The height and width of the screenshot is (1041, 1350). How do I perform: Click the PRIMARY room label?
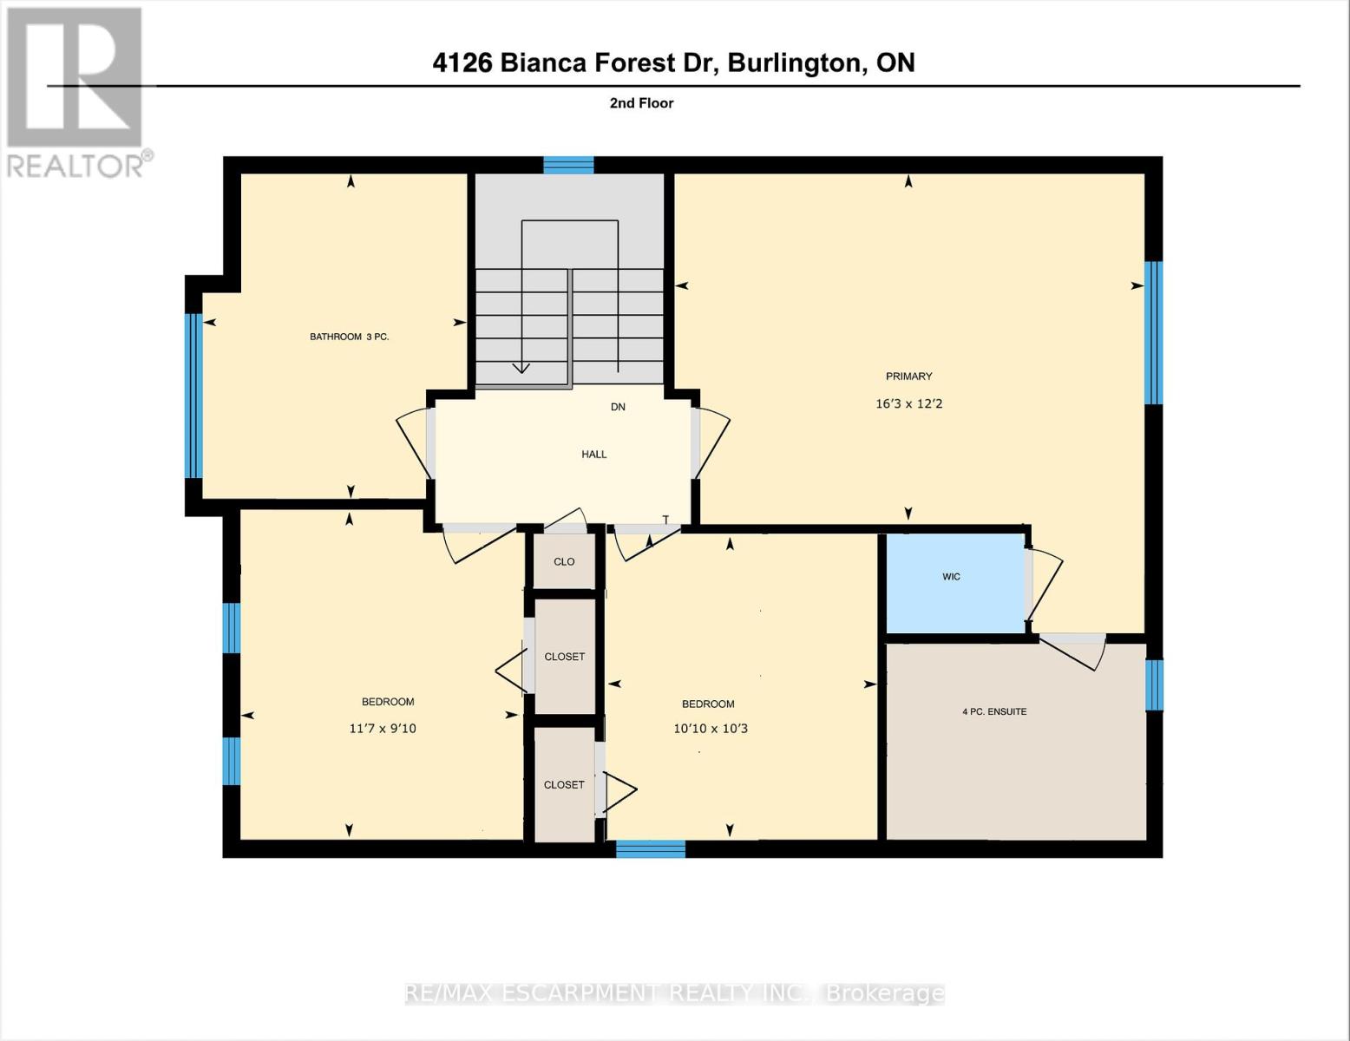[x=908, y=376]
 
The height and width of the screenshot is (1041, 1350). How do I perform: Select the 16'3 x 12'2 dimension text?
[x=908, y=404]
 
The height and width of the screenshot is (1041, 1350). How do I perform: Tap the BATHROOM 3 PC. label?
[x=349, y=337]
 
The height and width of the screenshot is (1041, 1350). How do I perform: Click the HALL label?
[x=594, y=455]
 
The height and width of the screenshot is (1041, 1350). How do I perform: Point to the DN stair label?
[x=618, y=407]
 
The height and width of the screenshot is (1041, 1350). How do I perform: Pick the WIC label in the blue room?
[x=951, y=577]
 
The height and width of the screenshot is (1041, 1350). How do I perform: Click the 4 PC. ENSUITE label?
[x=994, y=712]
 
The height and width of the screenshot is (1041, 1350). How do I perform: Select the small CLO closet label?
[x=564, y=562]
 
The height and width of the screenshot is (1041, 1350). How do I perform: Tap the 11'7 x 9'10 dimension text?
[x=383, y=729]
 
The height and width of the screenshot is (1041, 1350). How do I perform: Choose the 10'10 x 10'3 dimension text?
[x=710, y=729]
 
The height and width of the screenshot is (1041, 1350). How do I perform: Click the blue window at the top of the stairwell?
[x=568, y=165]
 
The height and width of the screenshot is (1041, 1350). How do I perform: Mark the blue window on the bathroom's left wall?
[x=193, y=396]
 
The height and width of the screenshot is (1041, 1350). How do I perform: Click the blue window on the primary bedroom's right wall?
[x=1153, y=333]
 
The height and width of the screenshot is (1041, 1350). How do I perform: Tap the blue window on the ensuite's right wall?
[x=1154, y=685]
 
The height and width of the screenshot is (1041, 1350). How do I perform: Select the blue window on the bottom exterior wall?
[x=651, y=849]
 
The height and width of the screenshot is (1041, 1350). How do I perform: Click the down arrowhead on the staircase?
[x=521, y=368]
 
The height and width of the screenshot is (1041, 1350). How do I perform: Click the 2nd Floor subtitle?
[x=641, y=103]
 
